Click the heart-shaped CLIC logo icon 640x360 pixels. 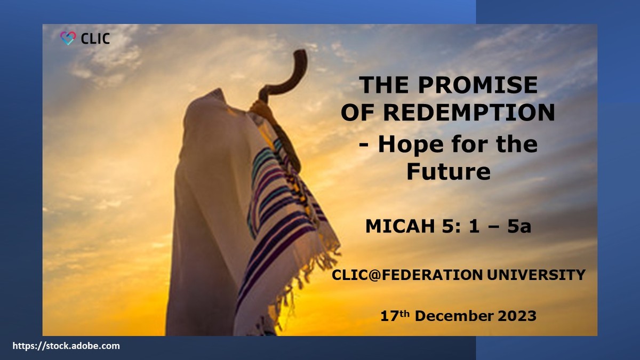click(68, 38)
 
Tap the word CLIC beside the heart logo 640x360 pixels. click(95, 38)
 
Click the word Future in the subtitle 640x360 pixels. click(449, 172)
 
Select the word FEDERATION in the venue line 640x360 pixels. click(442, 275)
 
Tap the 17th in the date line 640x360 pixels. click(394, 315)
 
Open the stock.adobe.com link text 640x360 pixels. click(66, 346)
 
